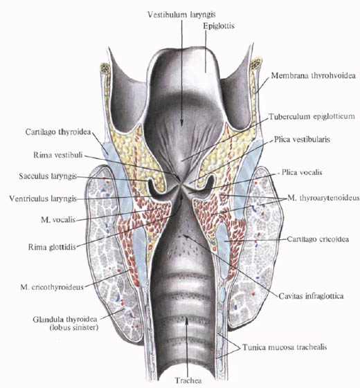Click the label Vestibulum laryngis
point(181,15)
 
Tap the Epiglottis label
point(219,26)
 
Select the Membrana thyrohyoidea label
point(313,75)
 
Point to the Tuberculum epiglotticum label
point(312,116)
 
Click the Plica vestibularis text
point(302,139)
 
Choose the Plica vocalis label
point(302,172)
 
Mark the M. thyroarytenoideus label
point(323,198)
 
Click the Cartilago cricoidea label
point(318,239)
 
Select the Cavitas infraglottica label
point(311,296)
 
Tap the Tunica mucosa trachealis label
point(285,347)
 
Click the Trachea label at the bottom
point(188,380)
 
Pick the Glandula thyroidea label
point(65,323)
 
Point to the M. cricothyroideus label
point(52,287)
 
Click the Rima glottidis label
point(52,247)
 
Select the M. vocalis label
point(58,220)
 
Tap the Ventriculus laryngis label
point(43,198)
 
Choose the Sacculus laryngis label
point(48,176)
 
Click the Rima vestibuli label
point(58,156)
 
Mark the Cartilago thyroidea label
point(58,132)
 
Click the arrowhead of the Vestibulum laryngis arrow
point(181,123)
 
